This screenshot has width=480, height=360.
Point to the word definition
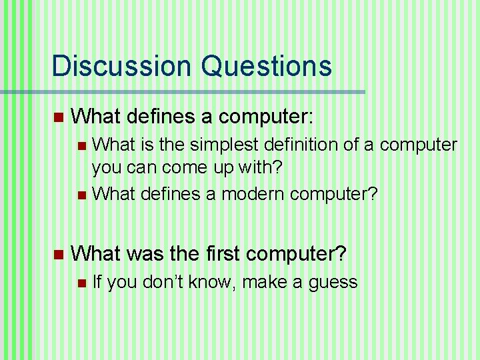301,145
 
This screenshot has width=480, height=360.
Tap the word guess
334,283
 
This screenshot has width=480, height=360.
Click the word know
213,283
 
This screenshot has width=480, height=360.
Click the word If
97,283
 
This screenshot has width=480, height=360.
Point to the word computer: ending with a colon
265,117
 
